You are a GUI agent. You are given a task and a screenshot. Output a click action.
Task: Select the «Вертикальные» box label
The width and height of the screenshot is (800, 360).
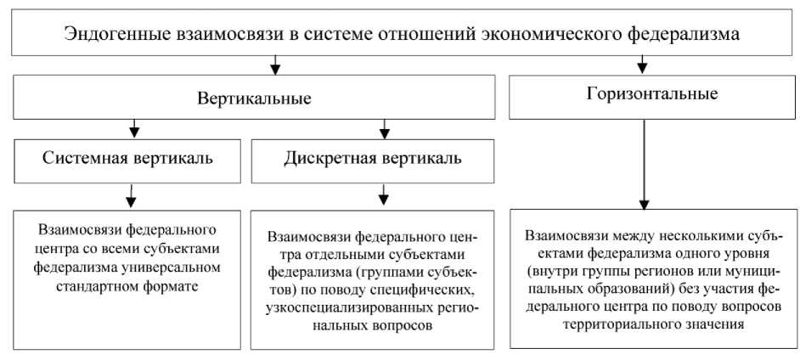[x=254, y=98]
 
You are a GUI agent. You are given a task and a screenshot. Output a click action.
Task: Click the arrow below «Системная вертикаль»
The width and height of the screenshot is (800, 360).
[x=130, y=197]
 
